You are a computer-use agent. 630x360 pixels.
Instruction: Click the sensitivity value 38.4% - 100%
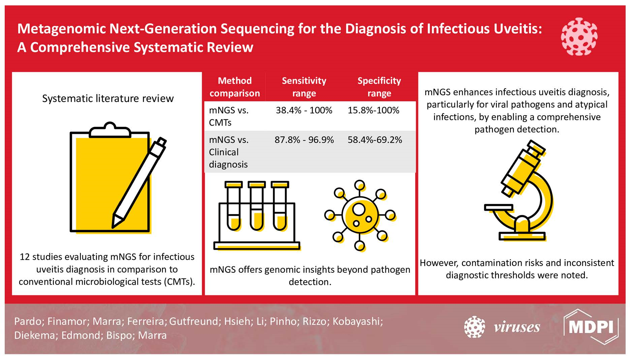pyautogui.click(x=304, y=110)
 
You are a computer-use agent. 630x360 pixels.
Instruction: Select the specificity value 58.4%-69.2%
pyautogui.click(x=375, y=140)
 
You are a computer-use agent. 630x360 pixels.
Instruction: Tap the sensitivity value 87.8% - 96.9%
pyautogui.click(x=304, y=140)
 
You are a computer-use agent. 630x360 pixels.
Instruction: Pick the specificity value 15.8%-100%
pyautogui.click(x=373, y=110)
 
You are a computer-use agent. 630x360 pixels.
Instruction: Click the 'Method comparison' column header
pyautogui.click(x=235, y=87)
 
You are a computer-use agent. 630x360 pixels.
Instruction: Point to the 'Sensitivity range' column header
pyautogui.click(x=304, y=87)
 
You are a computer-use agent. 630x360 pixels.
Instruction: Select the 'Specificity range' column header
pyautogui.click(x=379, y=87)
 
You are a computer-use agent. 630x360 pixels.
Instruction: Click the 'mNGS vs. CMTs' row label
pyautogui.click(x=229, y=116)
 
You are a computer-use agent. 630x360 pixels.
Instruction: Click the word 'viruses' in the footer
pyautogui.click(x=517, y=327)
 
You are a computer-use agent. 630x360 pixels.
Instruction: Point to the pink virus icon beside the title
pyautogui.click(x=579, y=36)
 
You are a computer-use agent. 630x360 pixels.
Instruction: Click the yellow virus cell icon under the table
pyautogui.click(x=360, y=216)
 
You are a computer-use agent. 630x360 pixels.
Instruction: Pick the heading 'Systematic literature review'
pyautogui.click(x=108, y=98)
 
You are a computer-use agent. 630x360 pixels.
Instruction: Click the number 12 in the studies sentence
pyautogui.click(x=25, y=257)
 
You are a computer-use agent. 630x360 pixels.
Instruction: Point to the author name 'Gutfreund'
pyautogui.click(x=194, y=321)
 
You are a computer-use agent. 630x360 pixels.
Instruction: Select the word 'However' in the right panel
pyautogui.click(x=439, y=263)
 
